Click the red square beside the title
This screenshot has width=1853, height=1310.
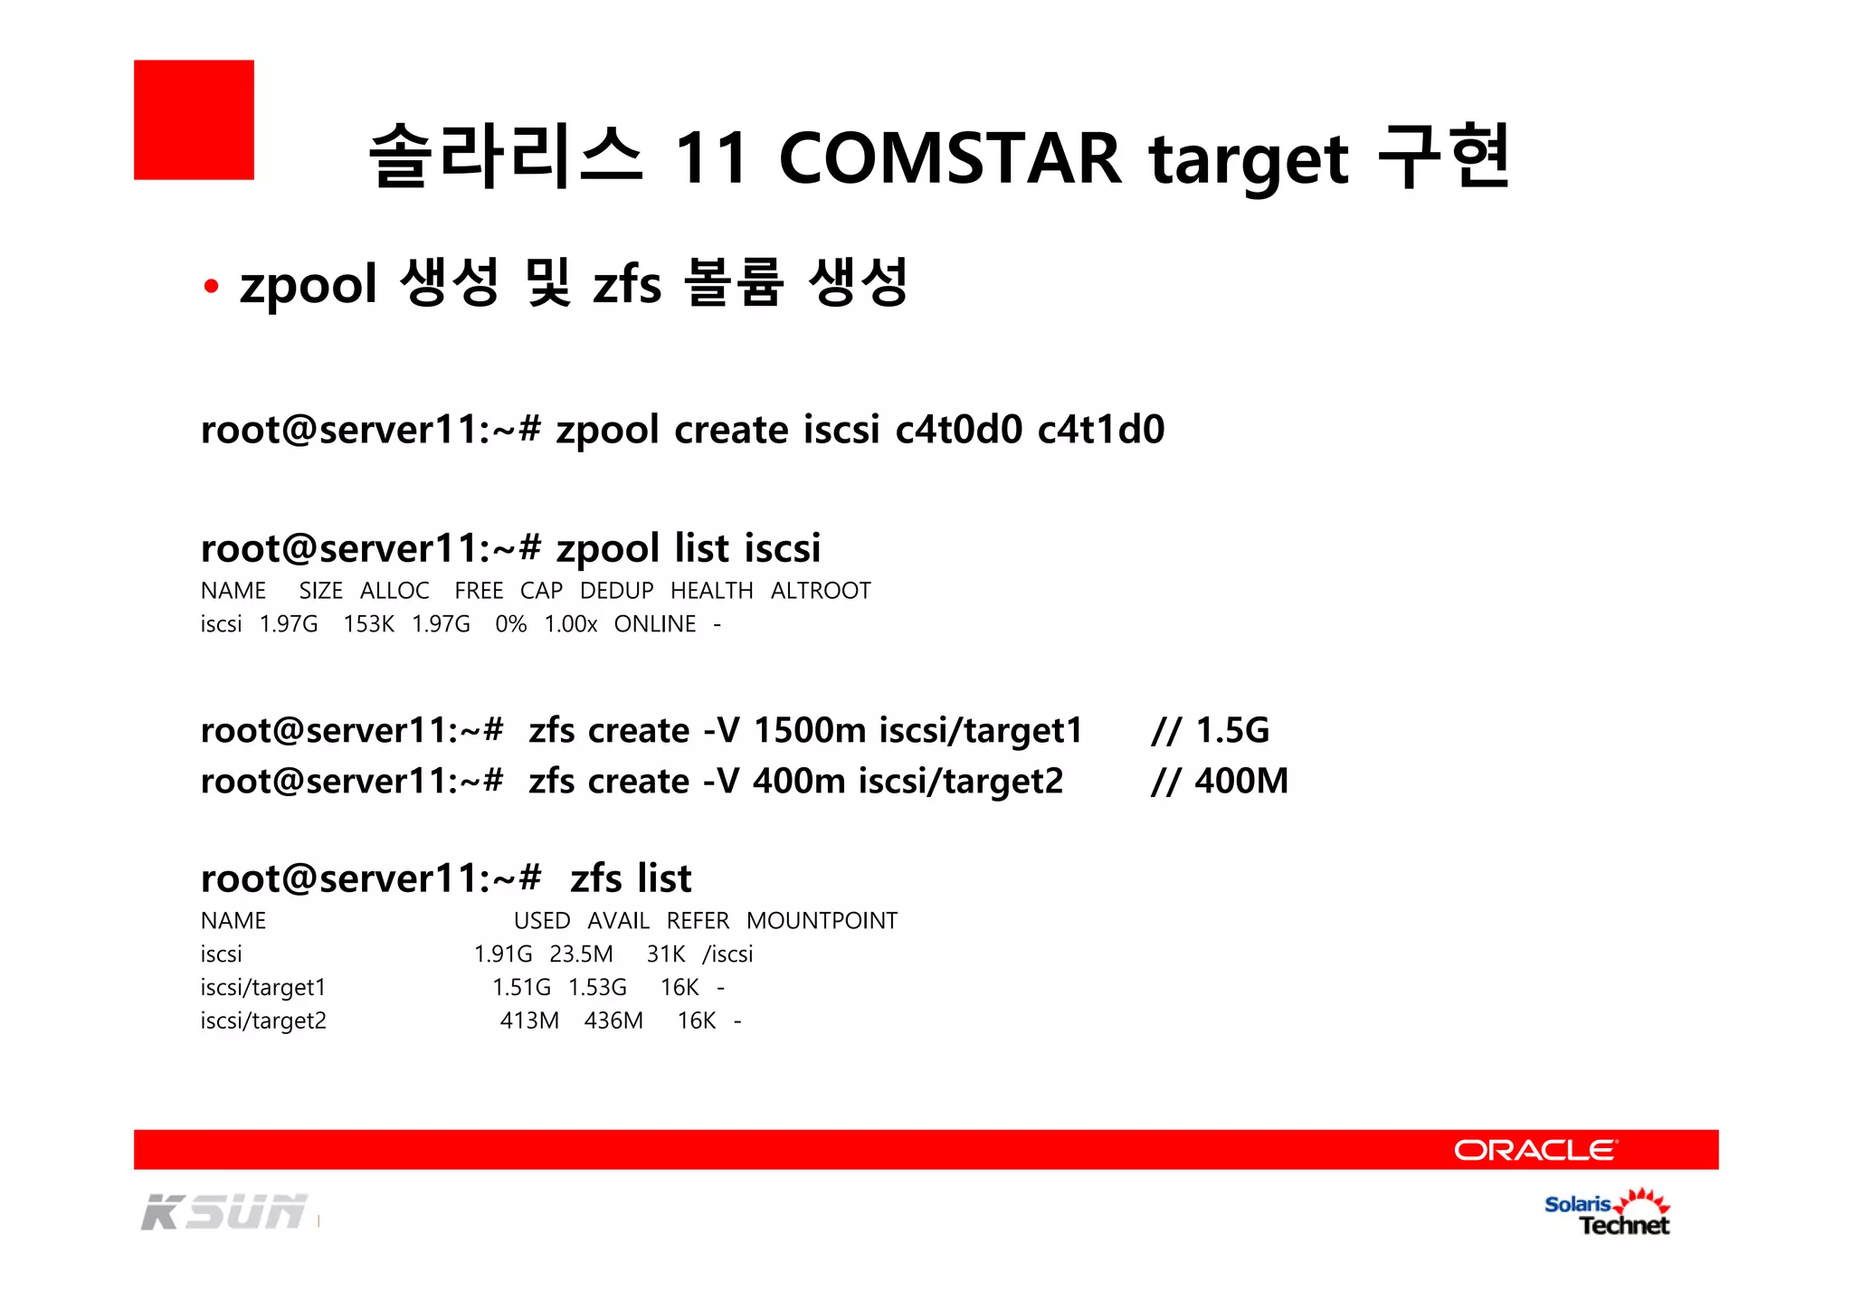coord(194,119)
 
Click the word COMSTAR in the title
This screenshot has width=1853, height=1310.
coord(949,158)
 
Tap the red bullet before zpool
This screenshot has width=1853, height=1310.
coord(212,287)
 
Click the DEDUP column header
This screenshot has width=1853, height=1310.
coord(616,591)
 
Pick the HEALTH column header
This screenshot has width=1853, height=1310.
coord(711,591)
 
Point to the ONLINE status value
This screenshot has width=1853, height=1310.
coord(655,624)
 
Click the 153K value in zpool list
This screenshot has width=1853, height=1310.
coord(368,624)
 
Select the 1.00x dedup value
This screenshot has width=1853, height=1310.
coord(570,624)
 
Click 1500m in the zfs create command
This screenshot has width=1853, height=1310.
coord(810,730)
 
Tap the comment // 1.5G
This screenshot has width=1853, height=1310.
coord(1210,730)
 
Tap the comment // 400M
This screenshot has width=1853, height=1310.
coord(1219,781)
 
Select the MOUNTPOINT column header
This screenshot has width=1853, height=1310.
coord(822,921)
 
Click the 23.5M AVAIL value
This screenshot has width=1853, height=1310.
coord(581,954)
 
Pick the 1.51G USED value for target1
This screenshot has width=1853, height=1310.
coord(521,987)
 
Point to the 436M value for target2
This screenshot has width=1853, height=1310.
coord(613,1020)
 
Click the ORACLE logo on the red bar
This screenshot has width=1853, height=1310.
coord(1535,1150)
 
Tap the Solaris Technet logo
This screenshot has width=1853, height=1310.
coord(1607,1213)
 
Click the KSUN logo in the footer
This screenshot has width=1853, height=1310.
coord(224,1212)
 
